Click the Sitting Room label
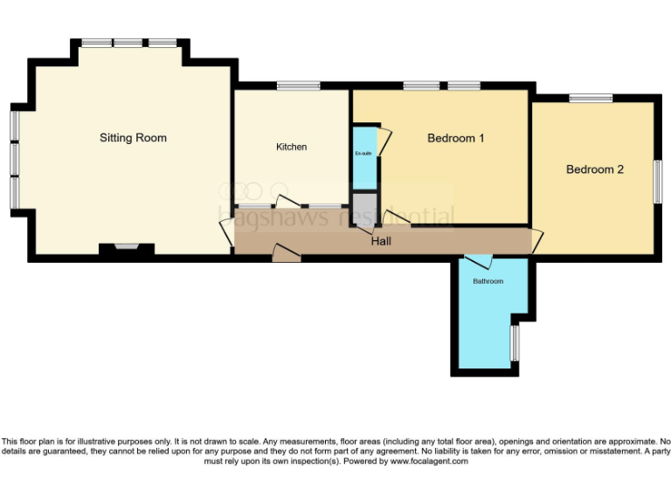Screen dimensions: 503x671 [133, 138]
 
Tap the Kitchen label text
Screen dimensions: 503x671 [291, 147]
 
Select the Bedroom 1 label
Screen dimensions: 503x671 [455, 138]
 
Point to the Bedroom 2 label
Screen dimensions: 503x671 [594, 169]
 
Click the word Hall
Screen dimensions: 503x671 [381, 241]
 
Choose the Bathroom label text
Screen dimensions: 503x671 [488, 281]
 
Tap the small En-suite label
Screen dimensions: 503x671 [363, 154]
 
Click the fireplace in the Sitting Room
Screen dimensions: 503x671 [127, 249]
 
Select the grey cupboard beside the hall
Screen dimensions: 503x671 [363, 210]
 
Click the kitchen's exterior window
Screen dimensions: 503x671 [298, 86]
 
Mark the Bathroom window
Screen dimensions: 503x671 [515, 342]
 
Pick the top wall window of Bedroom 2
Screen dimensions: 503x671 [591, 98]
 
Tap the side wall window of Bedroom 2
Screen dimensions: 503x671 [657, 182]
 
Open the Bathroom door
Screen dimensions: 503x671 [478, 260]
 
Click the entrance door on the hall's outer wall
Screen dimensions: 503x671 [286, 254]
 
